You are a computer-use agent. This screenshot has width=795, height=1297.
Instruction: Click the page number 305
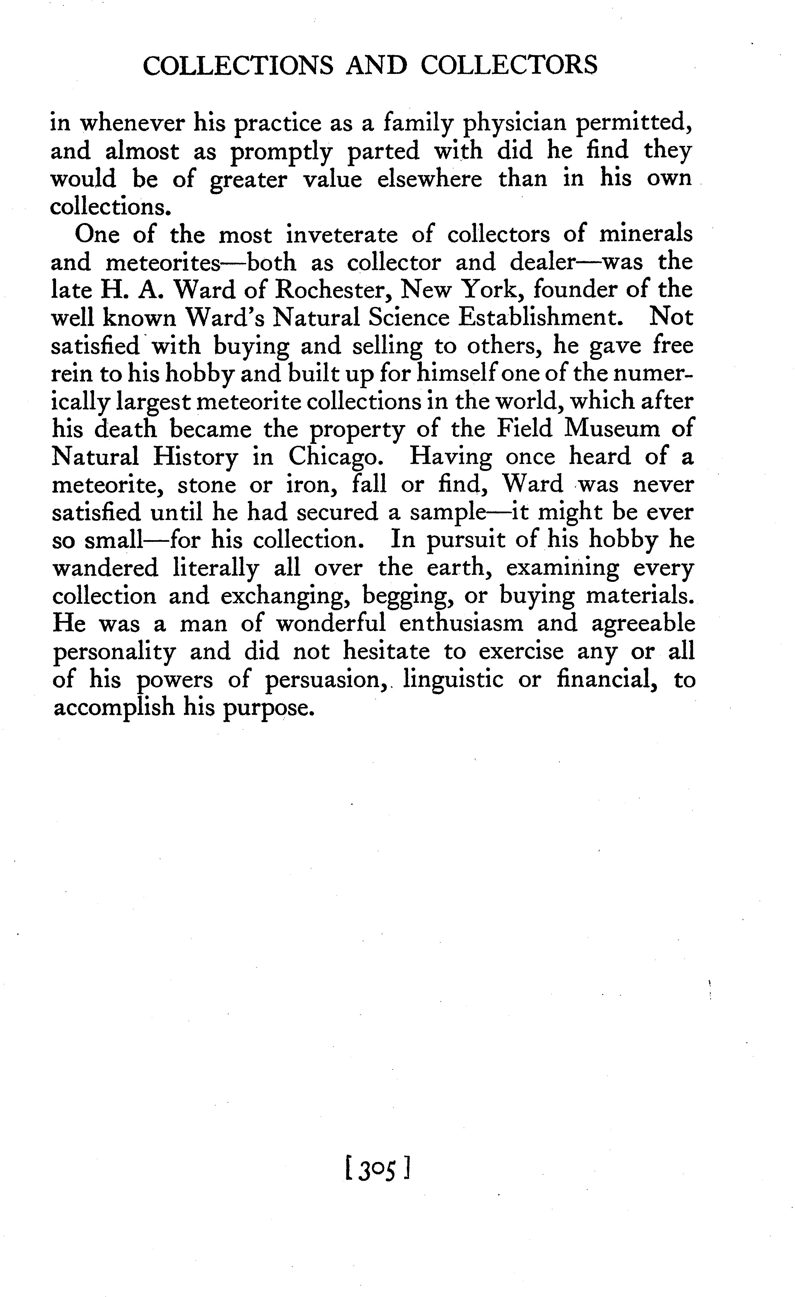coord(376,1171)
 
